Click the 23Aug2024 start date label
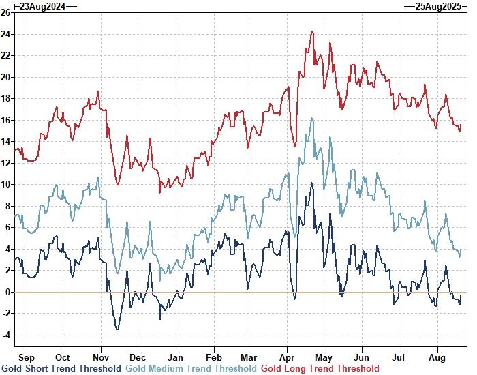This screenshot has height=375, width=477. click(x=42, y=6)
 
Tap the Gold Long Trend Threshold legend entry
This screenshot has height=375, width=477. click(x=320, y=369)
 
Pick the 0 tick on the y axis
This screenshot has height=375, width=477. click(x=7, y=292)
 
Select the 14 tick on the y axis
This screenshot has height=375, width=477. click(x=5, y=141)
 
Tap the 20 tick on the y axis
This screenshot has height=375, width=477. click(x=5, y=77)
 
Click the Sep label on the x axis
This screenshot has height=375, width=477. click(x=27, y=357)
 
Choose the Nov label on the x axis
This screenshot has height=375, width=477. click(x=101, y=357)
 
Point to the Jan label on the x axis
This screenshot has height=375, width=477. click(x=176, y=357)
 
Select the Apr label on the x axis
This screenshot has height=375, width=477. click(x=288, y=357)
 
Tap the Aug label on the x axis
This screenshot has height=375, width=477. click(x=436, y=357)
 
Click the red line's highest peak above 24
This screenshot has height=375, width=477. click(x=312, y=31)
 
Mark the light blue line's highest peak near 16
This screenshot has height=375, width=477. click(x=312, y=118)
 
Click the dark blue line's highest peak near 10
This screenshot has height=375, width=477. click(x=312, y=183)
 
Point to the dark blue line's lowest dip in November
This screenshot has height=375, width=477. click(x=117, y=330)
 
